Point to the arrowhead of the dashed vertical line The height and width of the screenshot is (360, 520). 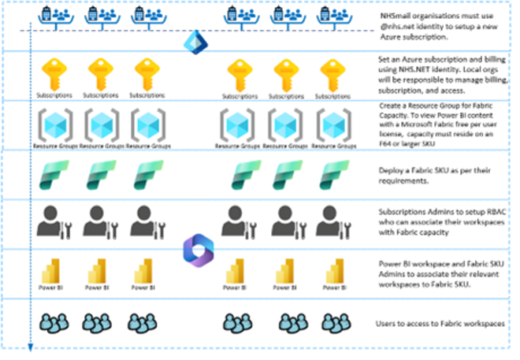(x=30, y=346)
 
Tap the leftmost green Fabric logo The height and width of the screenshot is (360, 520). (x=53, y=174)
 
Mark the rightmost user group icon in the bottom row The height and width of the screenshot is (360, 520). (x=333, y=323)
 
